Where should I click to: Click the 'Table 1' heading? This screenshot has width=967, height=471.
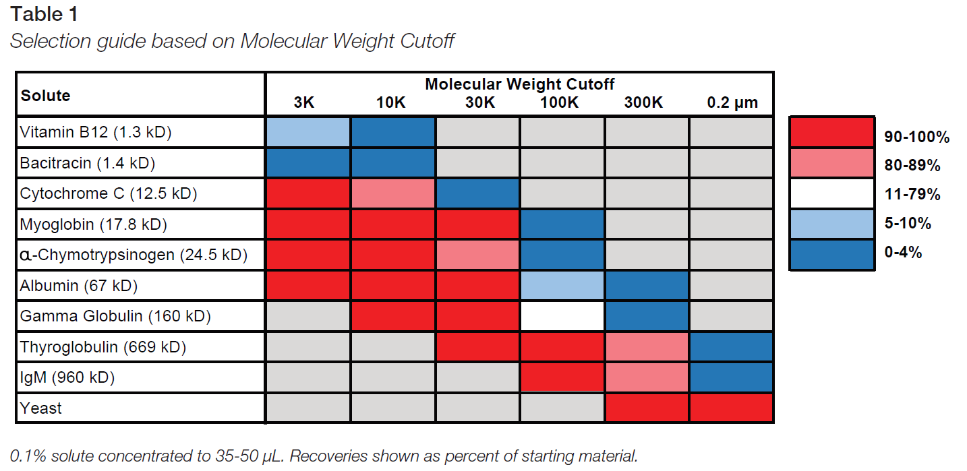point(45,13)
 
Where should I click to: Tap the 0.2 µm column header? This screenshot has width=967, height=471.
point(732,102)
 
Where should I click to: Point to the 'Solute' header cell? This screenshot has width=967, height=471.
point(46,95)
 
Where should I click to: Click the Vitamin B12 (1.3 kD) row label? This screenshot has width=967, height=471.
point(96,132)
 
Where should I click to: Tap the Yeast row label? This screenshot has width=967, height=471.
point(41,408)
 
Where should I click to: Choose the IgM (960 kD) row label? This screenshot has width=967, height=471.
point(67,377)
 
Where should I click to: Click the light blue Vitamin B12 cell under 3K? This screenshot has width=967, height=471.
point(308,132)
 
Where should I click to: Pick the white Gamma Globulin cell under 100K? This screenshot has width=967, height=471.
point(562,316)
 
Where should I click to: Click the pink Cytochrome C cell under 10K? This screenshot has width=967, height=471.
point(392,193)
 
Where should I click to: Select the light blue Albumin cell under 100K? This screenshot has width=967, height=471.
point(562,286)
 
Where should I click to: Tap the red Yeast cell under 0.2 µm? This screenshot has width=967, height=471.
point(731,408)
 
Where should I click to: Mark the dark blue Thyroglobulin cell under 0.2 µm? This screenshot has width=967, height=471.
point(731,347)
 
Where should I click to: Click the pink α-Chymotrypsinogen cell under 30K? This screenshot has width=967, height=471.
point(477,255)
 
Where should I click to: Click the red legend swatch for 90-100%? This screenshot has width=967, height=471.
point(831,132)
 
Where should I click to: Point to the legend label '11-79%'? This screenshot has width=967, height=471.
point(912,195)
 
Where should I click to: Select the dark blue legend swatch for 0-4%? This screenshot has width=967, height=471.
point(831,255)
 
